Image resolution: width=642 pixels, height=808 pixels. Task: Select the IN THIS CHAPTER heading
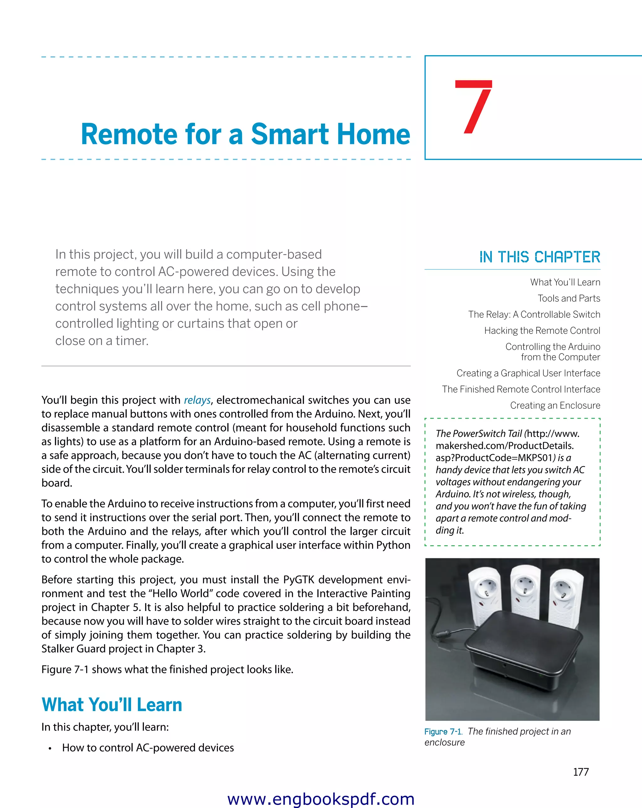(x=539, y=257)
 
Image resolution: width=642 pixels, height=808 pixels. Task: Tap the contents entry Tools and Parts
(x=569, y=298)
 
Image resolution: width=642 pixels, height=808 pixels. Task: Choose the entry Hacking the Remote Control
(x=542, y=331)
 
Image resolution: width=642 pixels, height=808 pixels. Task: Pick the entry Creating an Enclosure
(x=555, y=405)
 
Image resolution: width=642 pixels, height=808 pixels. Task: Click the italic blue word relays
(x=197, y=400)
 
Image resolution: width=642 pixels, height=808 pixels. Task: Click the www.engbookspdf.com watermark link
(x=321, y=799)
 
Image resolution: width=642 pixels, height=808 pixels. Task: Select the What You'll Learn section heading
(x=112, y=704)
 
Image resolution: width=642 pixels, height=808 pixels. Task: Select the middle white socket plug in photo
(x=525, y=592)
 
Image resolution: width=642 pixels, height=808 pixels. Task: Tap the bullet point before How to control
(x=50, y=748)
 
